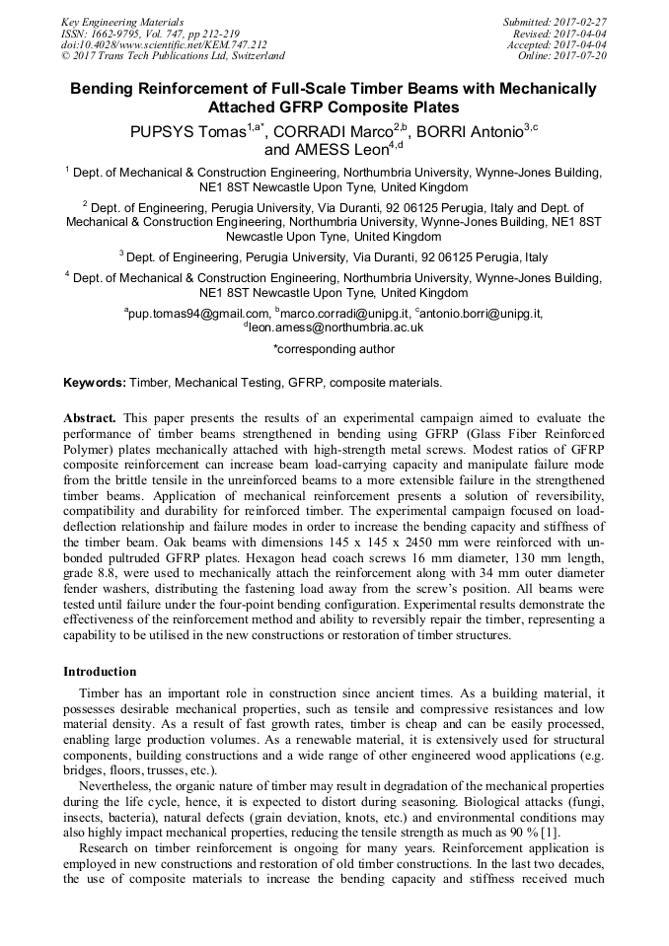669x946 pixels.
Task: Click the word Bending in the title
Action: coord(104,89)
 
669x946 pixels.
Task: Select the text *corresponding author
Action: coord(334,348)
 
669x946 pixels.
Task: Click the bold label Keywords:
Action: coord(95,382)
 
